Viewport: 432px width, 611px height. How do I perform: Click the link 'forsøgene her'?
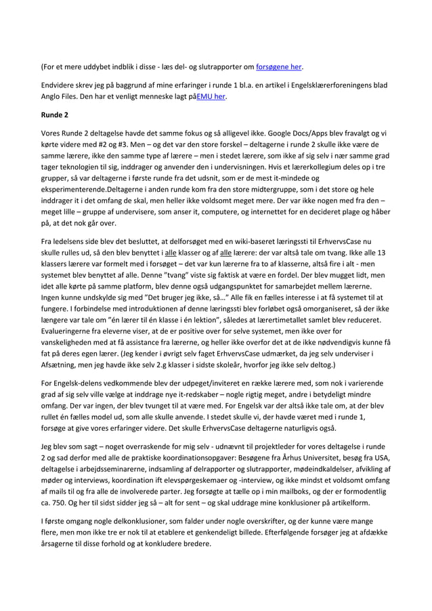279,67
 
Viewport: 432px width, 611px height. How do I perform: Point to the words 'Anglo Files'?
61,96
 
